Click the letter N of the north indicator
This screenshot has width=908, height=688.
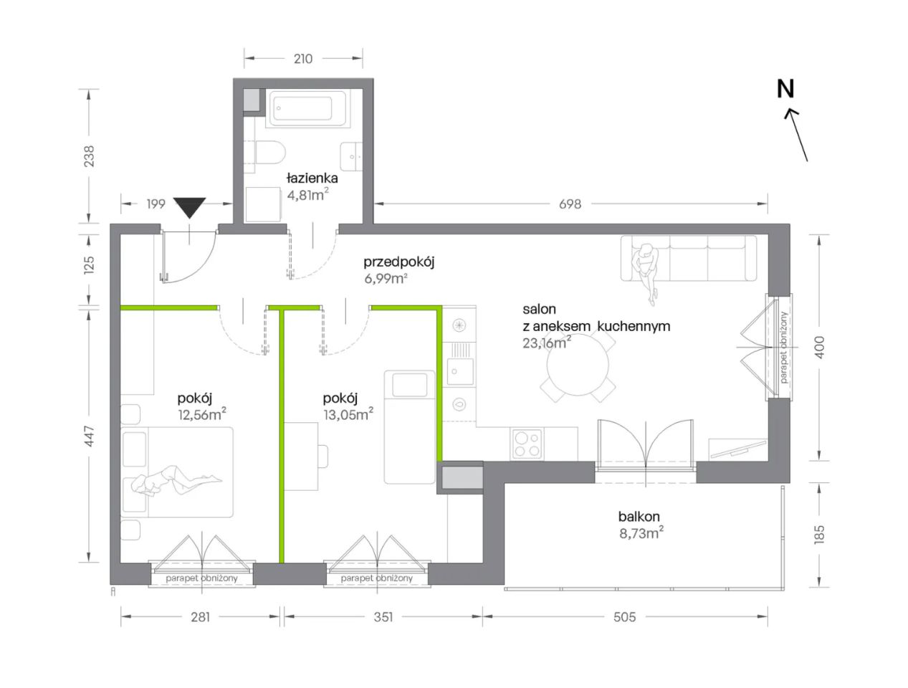click(x=785, y=89)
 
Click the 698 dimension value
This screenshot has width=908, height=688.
click(x=570, y=204)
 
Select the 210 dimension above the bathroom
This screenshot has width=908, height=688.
click(x=303, y=59)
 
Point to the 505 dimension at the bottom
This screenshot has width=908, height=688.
click(x=624, y=617)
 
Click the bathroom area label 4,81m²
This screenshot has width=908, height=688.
click(x=307, y=194)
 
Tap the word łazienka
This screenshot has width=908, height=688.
click(x=312, y=178)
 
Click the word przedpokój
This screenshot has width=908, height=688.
click(x=398, y=262)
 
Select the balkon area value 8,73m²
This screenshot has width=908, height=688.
click(x=641, y=533)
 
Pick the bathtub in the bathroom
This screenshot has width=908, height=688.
click(x=307, y=108)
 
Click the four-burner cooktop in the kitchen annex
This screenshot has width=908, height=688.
click(x=527, y=444)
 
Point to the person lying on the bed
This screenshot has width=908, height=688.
click(x=176, y=480)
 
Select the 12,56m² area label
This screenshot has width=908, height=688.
click(x=202, y=414)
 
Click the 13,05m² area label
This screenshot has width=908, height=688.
click(x=348, y=414)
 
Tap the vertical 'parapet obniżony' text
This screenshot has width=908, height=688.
click(x=784, y=347)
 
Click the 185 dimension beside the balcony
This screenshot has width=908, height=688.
click(x=819, y=534)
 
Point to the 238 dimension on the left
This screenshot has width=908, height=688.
click(x=89, y=156)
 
